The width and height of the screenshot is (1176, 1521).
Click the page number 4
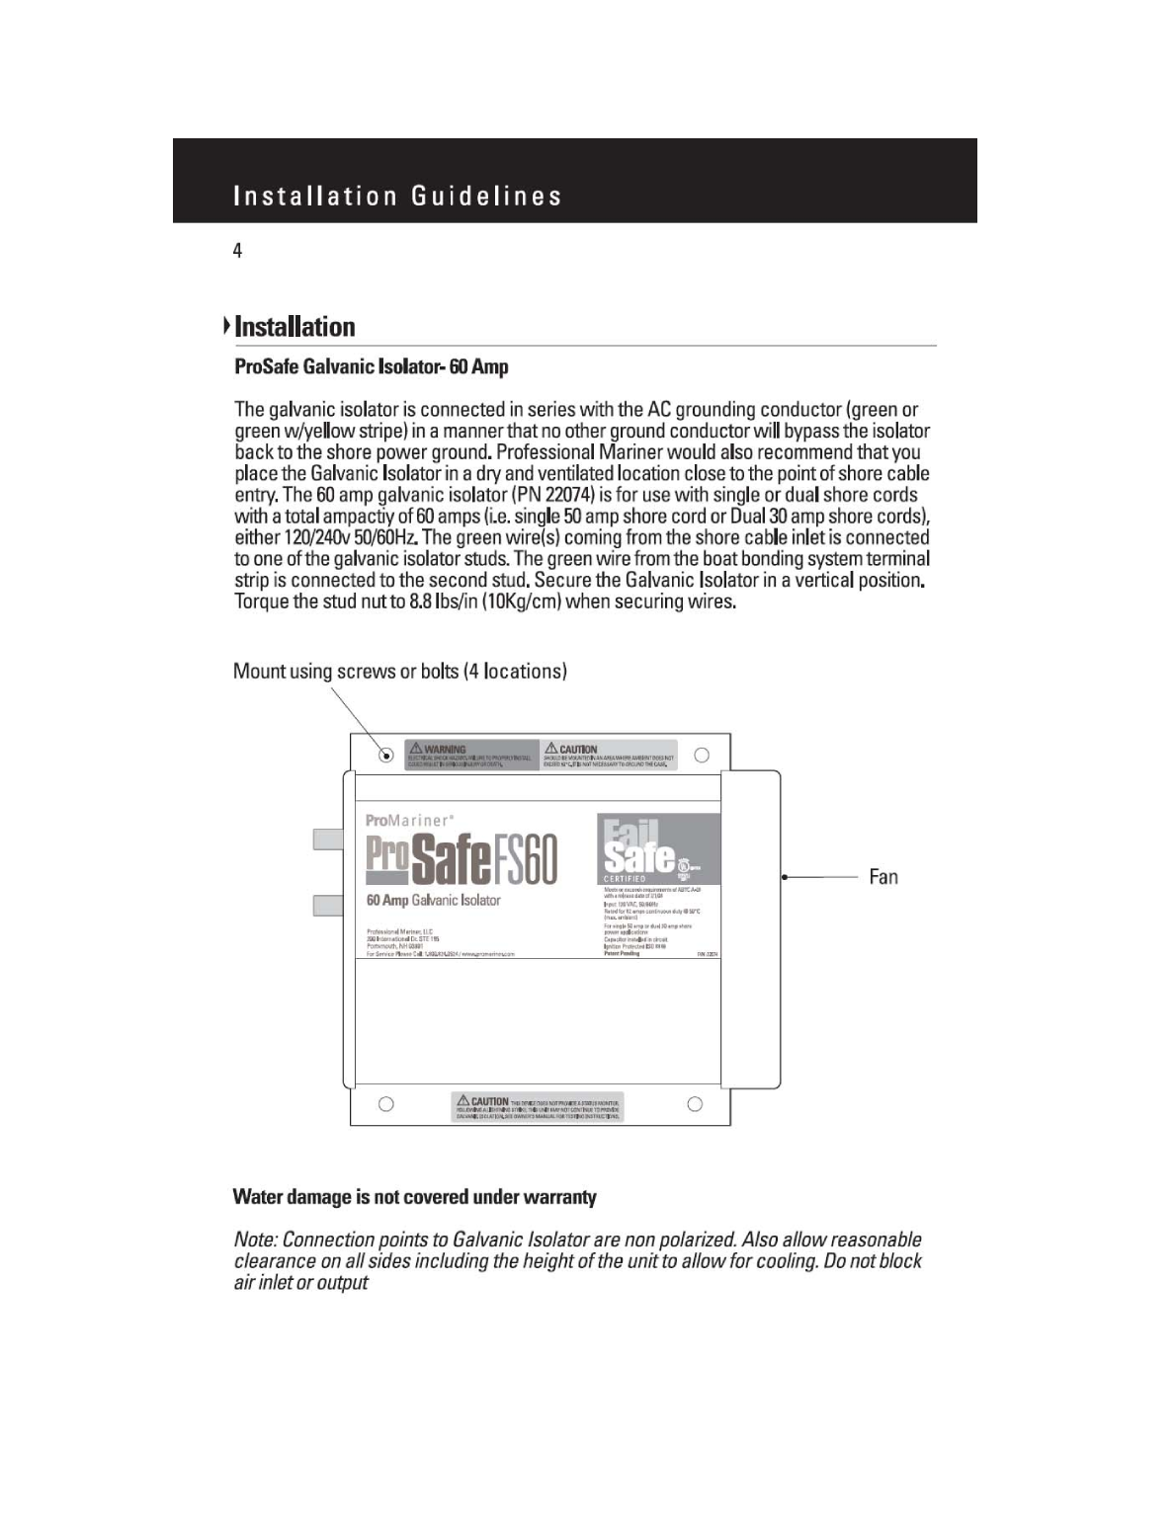237,251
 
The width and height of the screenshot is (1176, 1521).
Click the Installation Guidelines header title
397,196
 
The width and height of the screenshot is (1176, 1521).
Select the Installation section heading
294,327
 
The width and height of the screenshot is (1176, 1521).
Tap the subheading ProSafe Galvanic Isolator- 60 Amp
371,366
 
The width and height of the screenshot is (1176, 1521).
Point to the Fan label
883,877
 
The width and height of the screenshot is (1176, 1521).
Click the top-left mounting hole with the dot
386,756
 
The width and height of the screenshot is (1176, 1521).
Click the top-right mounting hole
702,756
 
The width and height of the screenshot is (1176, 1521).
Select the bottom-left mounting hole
386,1104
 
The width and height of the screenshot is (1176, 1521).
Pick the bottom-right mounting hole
695,1104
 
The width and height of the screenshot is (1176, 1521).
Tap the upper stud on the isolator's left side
328,840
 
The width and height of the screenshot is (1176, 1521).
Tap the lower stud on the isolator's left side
328,905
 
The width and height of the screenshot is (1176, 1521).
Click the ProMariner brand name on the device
409,821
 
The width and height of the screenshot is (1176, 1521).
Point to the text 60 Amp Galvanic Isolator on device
433,901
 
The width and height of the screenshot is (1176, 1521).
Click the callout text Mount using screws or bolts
399,672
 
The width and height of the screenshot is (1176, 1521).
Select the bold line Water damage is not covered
414,1197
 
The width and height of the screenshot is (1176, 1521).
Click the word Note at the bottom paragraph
254,1240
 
